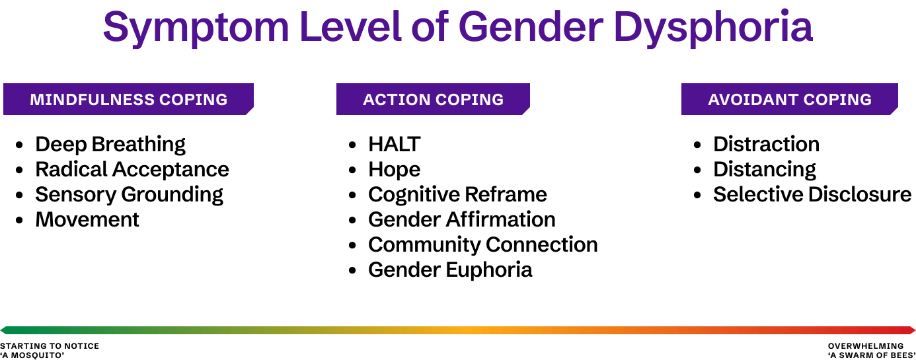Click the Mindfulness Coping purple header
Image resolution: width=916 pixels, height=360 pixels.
click(128, 99)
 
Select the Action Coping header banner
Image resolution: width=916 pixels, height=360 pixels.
click(433, 99)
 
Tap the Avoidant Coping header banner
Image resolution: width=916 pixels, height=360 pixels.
click(789, 99)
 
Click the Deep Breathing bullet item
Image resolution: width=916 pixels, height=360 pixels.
click(110, 144)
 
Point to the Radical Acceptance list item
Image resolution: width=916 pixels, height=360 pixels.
click(132, 169)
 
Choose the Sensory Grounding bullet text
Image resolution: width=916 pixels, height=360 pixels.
click(129, 194)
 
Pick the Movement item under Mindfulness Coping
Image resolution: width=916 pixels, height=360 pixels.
click(87, 219)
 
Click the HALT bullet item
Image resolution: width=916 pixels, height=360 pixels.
click(394, 144)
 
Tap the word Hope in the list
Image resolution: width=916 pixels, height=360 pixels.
click(394, 170)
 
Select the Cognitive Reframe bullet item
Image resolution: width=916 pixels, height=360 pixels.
click(457, 194)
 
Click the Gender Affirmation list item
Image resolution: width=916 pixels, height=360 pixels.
click(461, 219)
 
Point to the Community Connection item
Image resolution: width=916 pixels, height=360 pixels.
click(482, 244)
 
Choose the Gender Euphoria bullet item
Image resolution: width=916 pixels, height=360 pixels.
click(449, 270)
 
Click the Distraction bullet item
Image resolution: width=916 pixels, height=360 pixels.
click(766, 144)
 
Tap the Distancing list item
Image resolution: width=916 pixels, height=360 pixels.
click(764, 169)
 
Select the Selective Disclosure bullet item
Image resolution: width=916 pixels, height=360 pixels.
click(812, 194)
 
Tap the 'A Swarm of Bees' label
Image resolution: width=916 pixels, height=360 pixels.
click(871, 355)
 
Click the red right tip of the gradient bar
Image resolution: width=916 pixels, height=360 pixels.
click(911, 330)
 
